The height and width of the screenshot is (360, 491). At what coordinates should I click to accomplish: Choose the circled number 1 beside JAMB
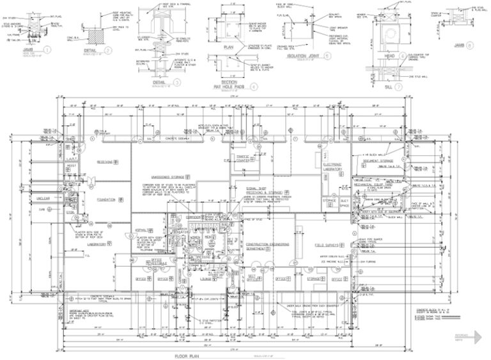[x=46, y=49]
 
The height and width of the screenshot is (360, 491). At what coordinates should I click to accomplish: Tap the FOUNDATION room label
[x=105, y=200]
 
